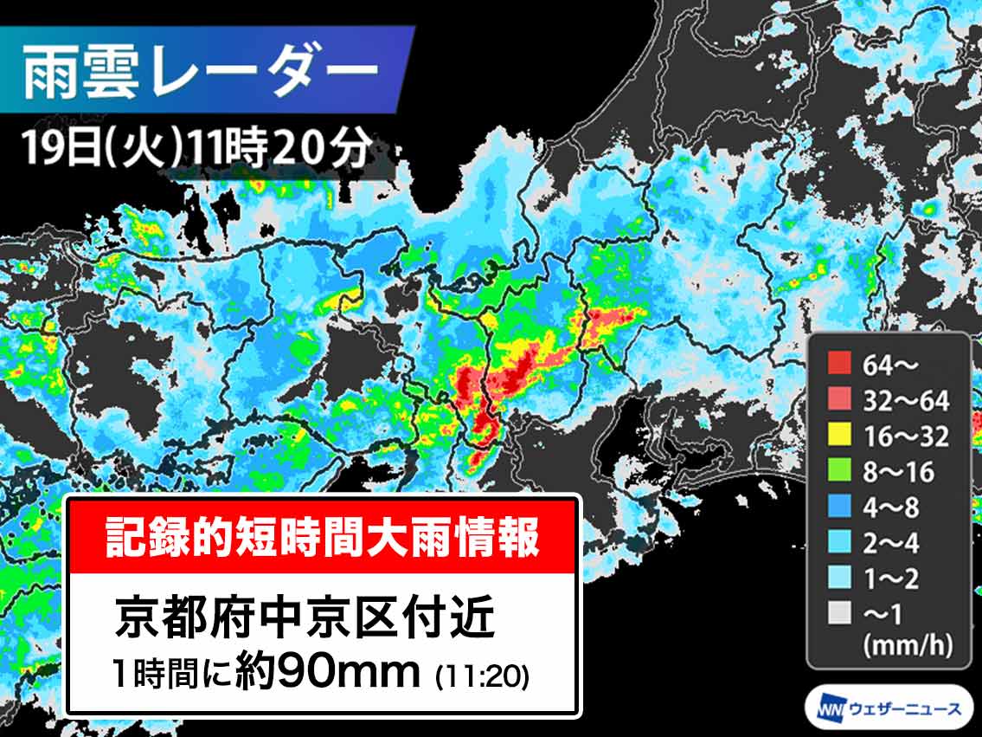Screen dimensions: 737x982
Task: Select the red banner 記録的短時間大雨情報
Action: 323,537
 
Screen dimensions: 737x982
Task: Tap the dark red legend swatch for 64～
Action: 838,365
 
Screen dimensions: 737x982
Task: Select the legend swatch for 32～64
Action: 838,400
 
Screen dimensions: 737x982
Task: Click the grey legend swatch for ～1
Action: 838,613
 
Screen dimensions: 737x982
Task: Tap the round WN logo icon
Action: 824,709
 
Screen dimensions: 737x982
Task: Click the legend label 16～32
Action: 906,436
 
